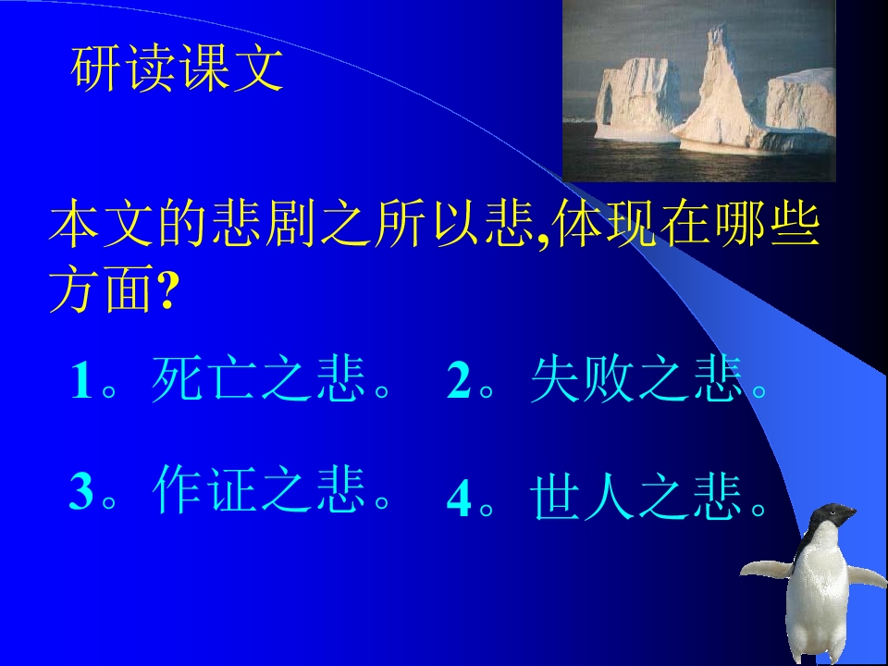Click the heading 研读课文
[177, 70]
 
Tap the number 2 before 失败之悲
[459, 382]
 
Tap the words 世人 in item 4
[582, 498]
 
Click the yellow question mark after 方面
[166, 294]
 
